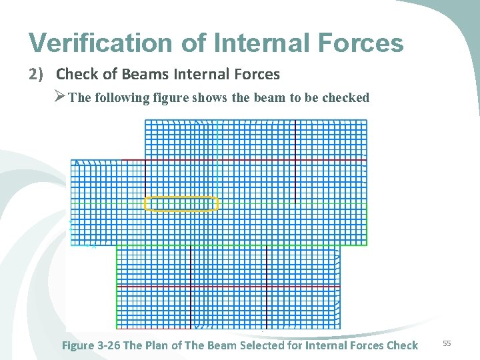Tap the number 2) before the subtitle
[38, 74]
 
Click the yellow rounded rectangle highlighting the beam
[181, 204]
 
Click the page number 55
[447, 343]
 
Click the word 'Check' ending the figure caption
[401, 345]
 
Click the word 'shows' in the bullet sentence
[210, 98]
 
